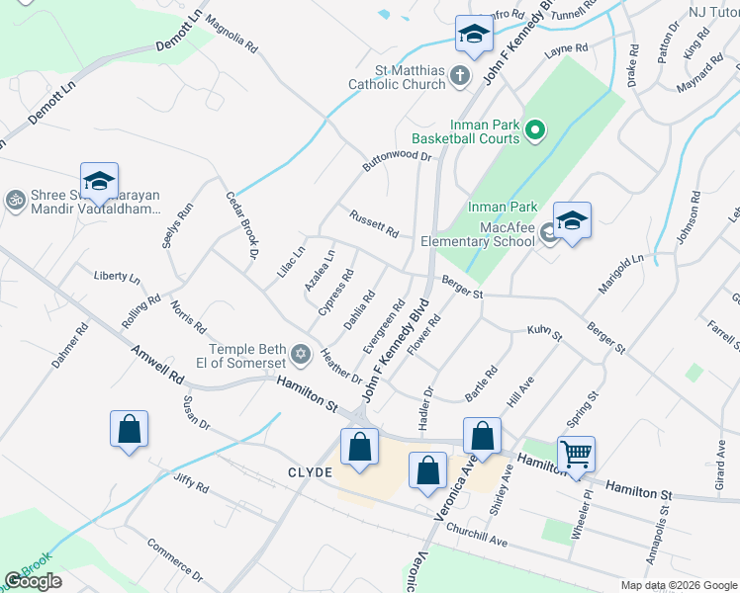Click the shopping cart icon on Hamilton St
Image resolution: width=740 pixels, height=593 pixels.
coord(576,455)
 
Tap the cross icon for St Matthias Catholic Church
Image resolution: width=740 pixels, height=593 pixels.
coord(459,73)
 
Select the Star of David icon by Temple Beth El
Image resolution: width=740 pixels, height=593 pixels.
coord(301,353)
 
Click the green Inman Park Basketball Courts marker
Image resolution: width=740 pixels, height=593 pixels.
coord(534,130)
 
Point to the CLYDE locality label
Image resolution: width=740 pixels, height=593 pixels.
coord(309,472)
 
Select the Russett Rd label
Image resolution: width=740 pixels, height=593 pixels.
coord(374,224)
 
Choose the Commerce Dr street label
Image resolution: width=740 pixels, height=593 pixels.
coord(174,559)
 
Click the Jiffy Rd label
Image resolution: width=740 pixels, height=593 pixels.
coord(189,483)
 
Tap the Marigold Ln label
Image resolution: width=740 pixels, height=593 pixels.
coord(621,273)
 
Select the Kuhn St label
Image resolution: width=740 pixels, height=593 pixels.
coord(544,333)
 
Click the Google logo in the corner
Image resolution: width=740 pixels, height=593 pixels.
coord(34,581)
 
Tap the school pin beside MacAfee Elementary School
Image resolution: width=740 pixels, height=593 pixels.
coord(571,221)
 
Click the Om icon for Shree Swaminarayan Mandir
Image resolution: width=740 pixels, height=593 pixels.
coord(15,200)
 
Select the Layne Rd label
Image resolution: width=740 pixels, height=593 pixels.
coord(567,47)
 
